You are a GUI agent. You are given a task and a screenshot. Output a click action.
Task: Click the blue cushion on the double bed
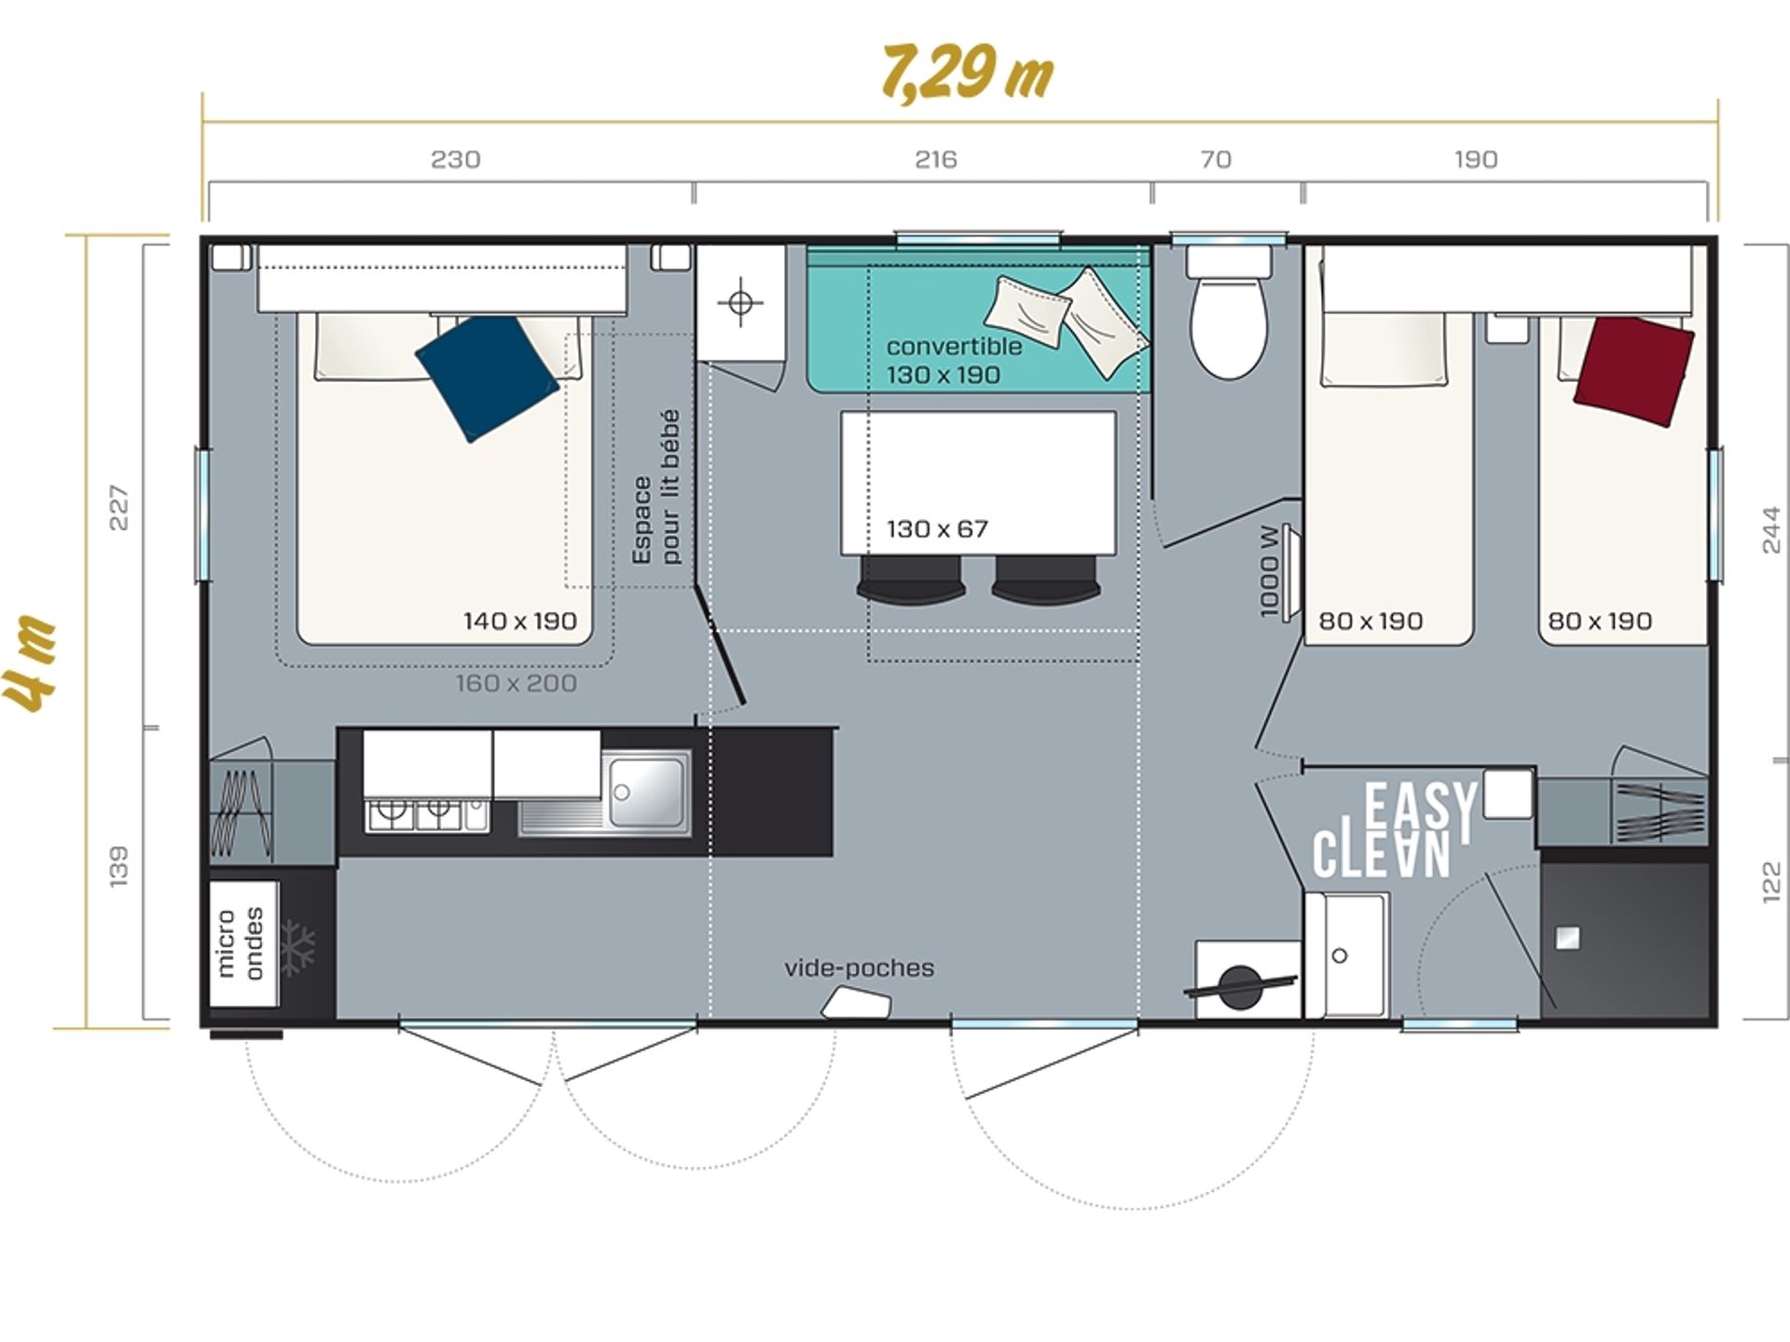click(x=487, y=377)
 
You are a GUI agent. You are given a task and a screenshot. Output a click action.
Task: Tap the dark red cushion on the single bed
click(x=1634, y=371)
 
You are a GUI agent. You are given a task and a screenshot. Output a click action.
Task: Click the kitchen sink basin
click(x=647, y=792)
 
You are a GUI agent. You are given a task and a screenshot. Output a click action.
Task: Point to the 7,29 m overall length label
click(x=967, y=72)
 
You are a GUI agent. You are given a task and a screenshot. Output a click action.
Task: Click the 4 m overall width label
click(x=31, y=663)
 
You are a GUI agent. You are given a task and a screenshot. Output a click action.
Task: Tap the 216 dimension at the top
click(x=935, y=159)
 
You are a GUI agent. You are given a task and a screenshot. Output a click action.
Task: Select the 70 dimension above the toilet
click(x=1216, y=159)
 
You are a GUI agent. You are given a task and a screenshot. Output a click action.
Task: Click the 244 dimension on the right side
click(x=1770, y=529)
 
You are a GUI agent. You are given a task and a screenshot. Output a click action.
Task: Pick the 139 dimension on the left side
click(x=118, y=867)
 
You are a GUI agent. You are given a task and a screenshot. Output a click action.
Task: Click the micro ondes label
click(x=240, y=942)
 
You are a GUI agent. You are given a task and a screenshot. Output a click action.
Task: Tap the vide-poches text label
click(x=859, y=967)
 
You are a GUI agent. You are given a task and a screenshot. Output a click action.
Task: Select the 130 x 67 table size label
click(x=937, y=529)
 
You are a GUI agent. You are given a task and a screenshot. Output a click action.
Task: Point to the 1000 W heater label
click(x=1269, y=570)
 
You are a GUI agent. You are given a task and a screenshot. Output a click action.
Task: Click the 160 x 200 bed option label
click(x=516, y=683)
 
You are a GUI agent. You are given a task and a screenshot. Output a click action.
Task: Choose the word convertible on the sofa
click(x=954, y=346)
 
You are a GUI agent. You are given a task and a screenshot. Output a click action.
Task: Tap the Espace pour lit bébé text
click(x=656, y=487)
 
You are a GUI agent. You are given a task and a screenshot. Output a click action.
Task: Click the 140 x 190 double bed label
click(x=520, y=621)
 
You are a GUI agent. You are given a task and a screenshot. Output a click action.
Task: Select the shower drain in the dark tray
click(x=1567, y=938)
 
